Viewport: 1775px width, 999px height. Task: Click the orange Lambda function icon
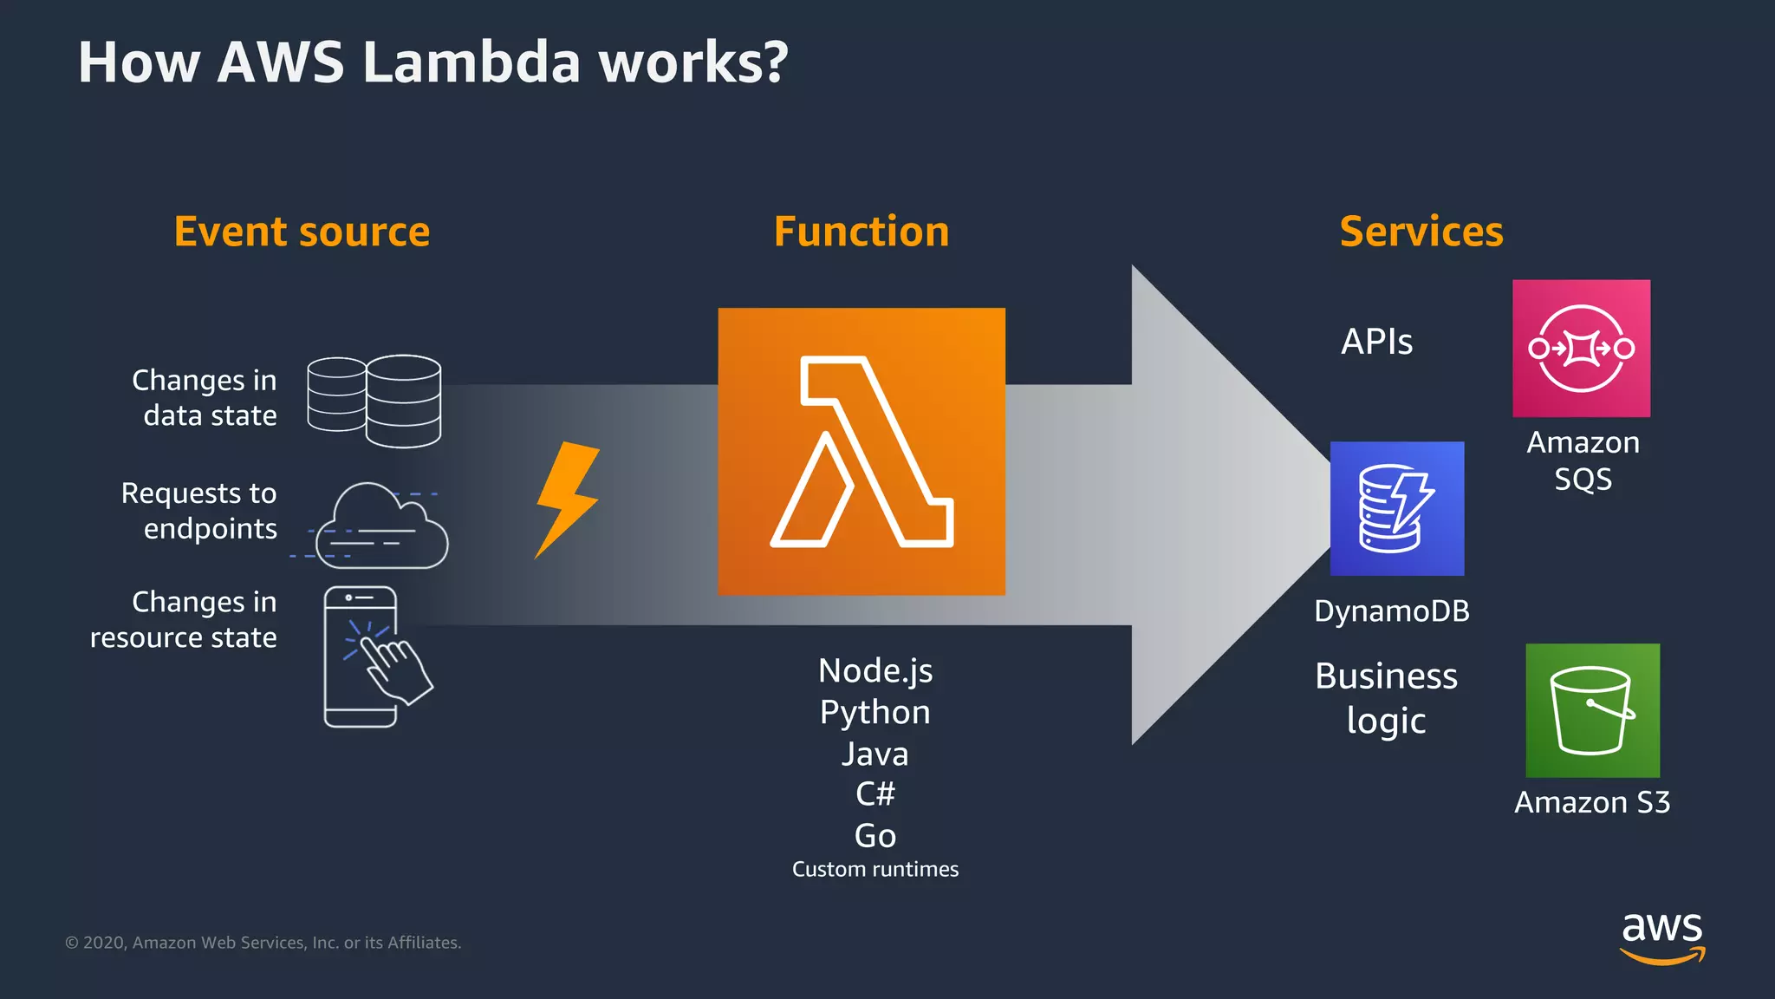[861, 451]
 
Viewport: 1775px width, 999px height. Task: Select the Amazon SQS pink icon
[1581, 348]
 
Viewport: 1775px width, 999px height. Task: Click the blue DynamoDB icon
[1396, 508]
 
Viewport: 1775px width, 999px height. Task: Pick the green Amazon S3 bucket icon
[1592, 710]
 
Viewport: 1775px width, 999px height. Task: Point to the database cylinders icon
[374, 401]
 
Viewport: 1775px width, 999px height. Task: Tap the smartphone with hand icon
[373, 656]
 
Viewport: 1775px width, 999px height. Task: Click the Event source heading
[302, 232]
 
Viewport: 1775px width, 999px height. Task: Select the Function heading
[861, 232]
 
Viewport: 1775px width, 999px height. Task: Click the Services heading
[1421, 232]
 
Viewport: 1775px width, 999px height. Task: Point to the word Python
[874, 713]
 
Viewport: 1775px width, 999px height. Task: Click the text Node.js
[874, 671]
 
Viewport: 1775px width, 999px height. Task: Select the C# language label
[874, 793]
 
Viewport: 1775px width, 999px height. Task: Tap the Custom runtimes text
[874, 869]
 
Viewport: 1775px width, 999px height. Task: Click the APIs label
[1376, 342]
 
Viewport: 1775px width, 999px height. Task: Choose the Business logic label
[1385, 698]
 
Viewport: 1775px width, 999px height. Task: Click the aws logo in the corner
[1661, 937]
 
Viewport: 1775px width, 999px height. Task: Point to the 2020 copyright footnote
[263, 943]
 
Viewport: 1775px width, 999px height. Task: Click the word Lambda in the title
[471, 62]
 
